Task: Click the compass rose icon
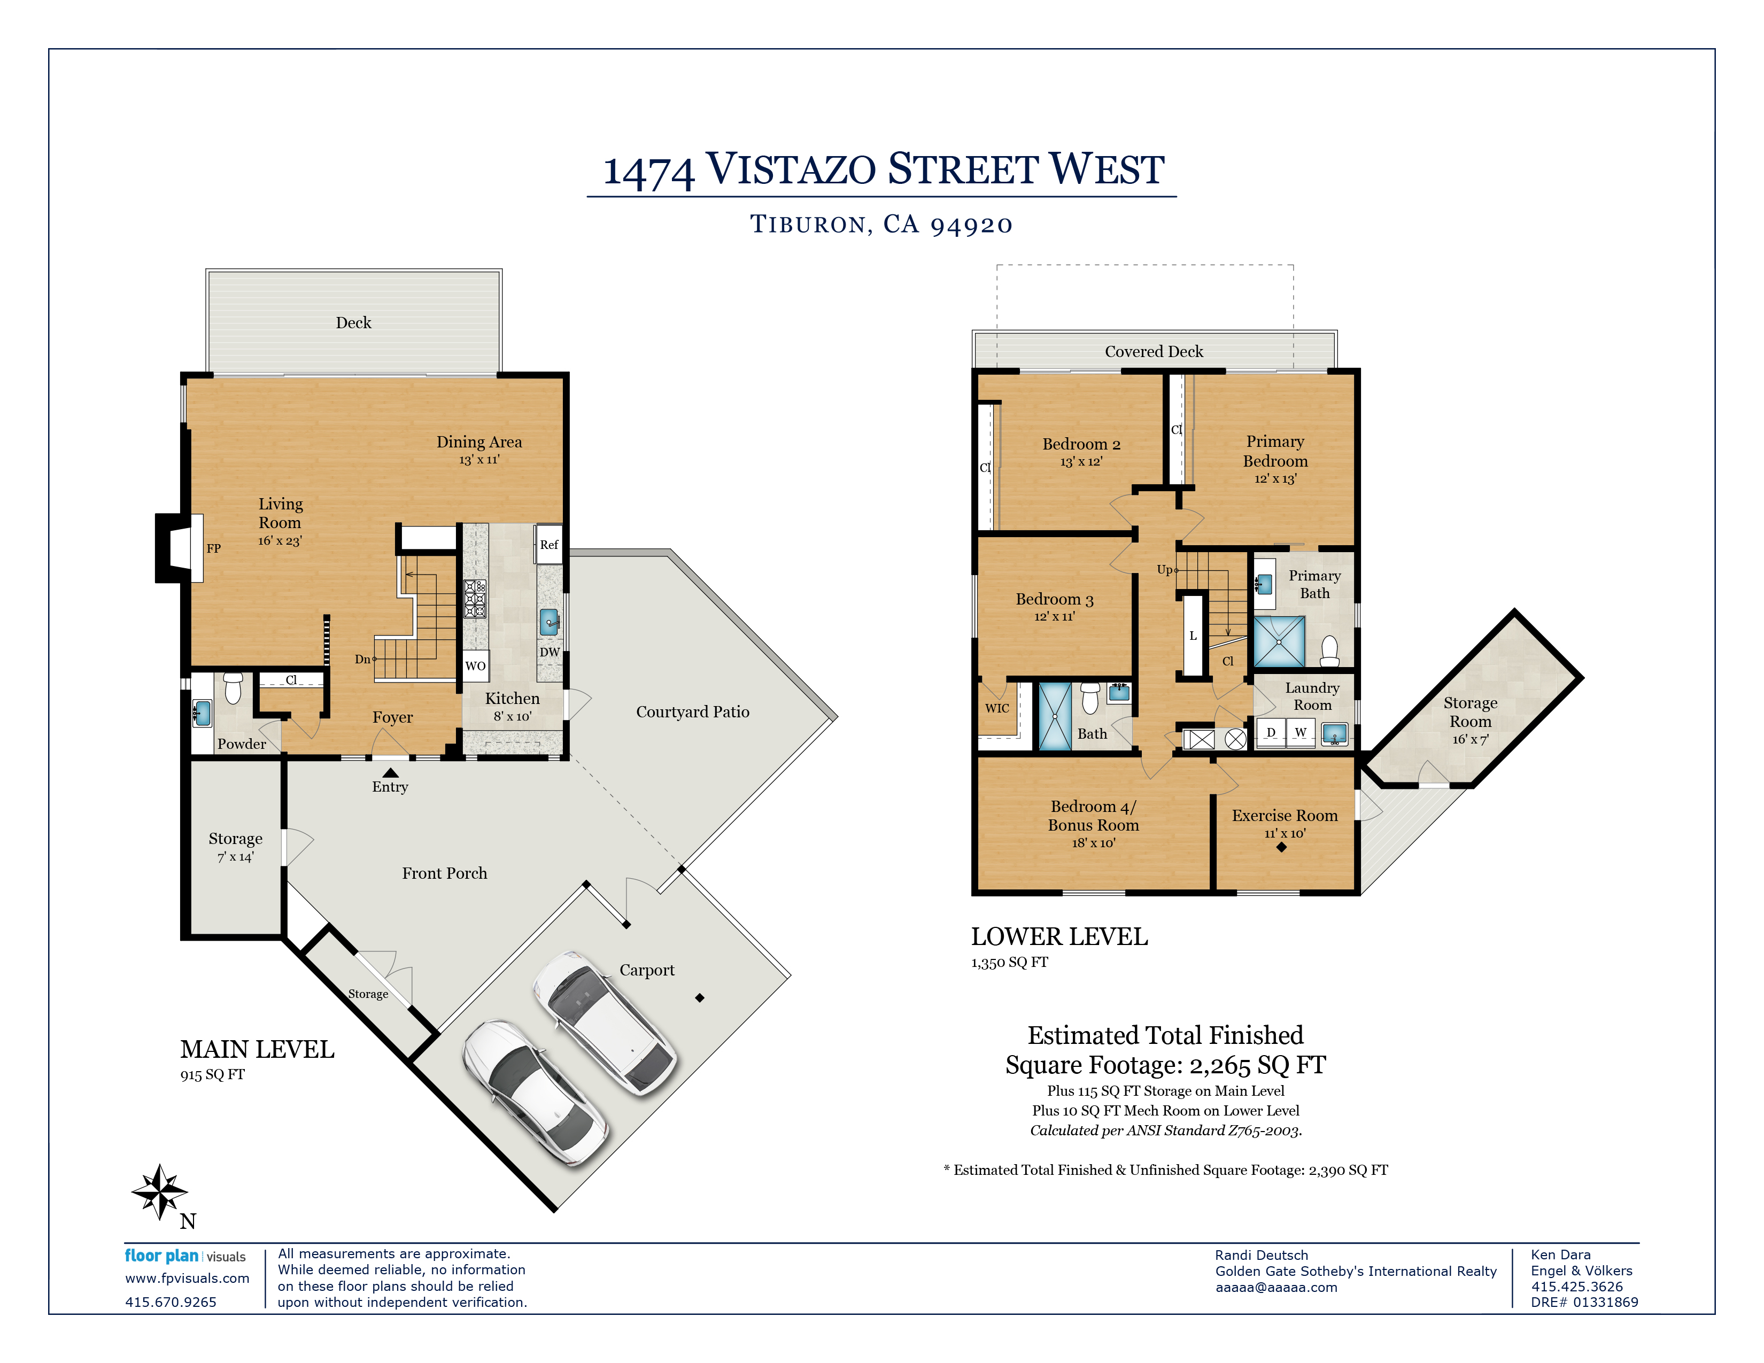point(159,1191)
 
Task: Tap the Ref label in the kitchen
point(549,545)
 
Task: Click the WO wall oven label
point(476,666)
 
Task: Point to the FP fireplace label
point(213,548)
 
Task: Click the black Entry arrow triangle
point(390,773)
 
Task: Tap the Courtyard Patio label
point(692,712)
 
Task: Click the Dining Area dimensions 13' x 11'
point(480,460)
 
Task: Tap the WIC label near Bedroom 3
point(997,708)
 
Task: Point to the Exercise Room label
point(1285,816)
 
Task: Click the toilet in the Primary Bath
point(1329,650)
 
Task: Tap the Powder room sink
point(202,714)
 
